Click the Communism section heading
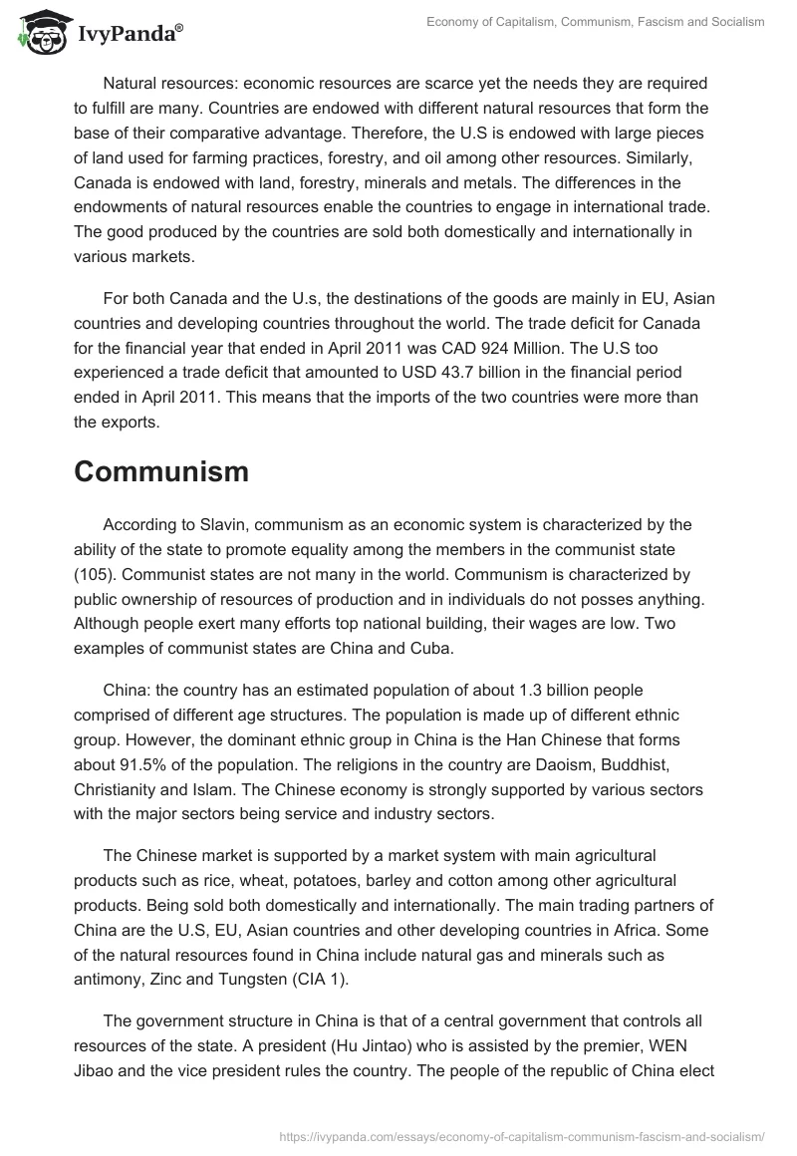click(160, 472)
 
